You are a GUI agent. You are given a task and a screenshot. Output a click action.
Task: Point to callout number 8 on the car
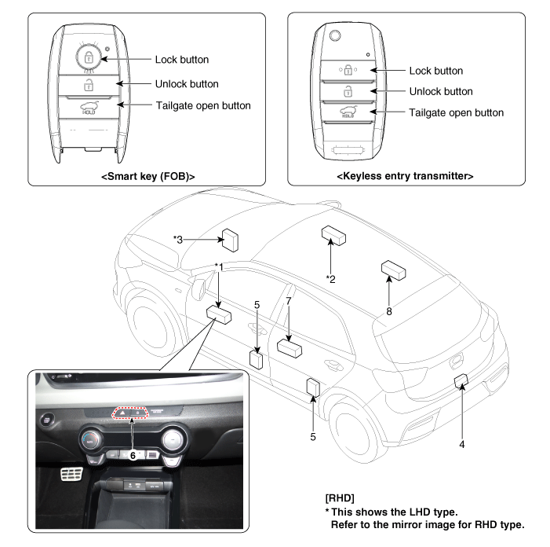click(388, 312)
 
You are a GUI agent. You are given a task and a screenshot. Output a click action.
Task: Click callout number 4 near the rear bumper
click(462, 444)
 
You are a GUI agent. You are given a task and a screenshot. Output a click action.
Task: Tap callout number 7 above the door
click(289, 302)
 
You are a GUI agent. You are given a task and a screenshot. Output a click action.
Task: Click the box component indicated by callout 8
click(393, 270)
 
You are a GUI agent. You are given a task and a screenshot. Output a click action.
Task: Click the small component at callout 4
click(462, 381)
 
